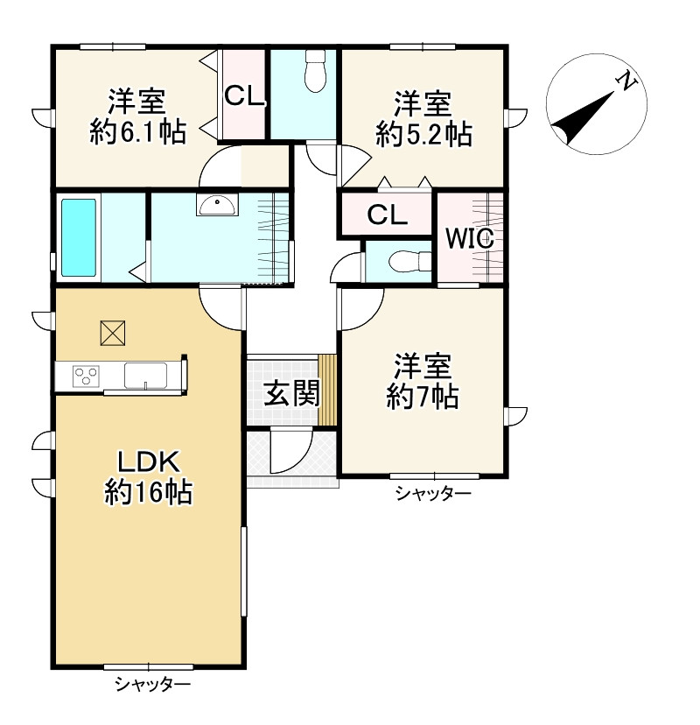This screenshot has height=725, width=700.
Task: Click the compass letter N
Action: coord(627,81)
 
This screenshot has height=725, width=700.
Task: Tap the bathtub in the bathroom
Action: coord(79,237)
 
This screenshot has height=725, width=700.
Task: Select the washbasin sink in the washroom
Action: coord(217,204)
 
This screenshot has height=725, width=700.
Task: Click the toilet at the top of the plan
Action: coord(316,71)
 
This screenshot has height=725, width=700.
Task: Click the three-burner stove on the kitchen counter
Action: coord(86,376)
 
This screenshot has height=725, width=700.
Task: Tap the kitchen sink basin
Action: coord(145,375)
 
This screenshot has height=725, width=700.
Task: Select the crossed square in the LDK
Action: coord(113,333)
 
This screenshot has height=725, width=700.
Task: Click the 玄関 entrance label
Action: coord(291,393)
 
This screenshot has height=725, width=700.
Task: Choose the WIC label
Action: coord(470,238)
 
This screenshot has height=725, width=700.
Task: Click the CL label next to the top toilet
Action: coord(244,96)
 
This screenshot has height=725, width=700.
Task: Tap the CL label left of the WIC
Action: coord(388,215)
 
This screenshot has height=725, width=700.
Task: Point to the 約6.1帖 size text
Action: coord(137,131)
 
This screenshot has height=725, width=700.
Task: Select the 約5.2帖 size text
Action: coord(423,134)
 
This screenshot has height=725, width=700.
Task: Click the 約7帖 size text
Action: coord(423,397)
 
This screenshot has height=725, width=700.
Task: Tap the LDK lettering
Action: coord(148,461)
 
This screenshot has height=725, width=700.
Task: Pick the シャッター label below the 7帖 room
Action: coord(433,494)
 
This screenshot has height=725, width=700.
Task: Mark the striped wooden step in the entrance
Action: coord(326,390)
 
